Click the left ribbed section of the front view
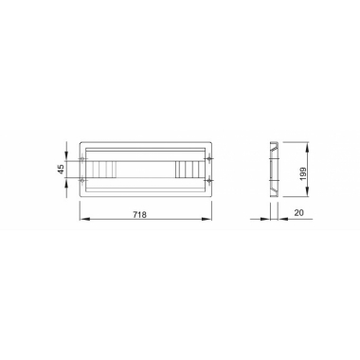[x=103, y=170]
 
